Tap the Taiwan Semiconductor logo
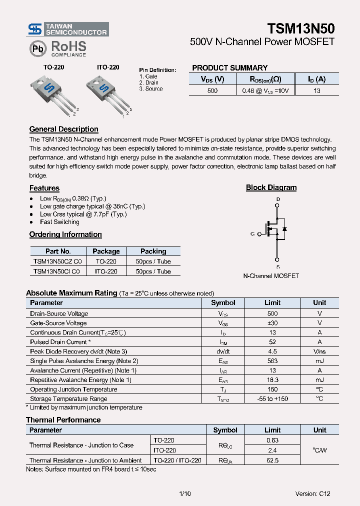[67, 29]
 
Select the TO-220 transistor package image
[54, 93]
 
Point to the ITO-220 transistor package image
[107, 93]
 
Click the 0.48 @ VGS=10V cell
[265, 91]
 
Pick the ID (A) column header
[316, 79]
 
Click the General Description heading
[63, 129]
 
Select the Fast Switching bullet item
[59, 222]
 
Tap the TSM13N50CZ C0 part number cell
[58, 261]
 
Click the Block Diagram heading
[271, 188]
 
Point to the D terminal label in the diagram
[278, 199]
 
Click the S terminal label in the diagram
[278, 259]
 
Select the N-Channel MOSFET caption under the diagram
[271, 275]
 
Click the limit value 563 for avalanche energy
[272, 361]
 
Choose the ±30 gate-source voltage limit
[272, 323]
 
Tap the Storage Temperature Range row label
[68, 399]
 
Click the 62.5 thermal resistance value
[272, 460]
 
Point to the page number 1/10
[184, 493]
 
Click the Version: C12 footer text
[312, 493]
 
